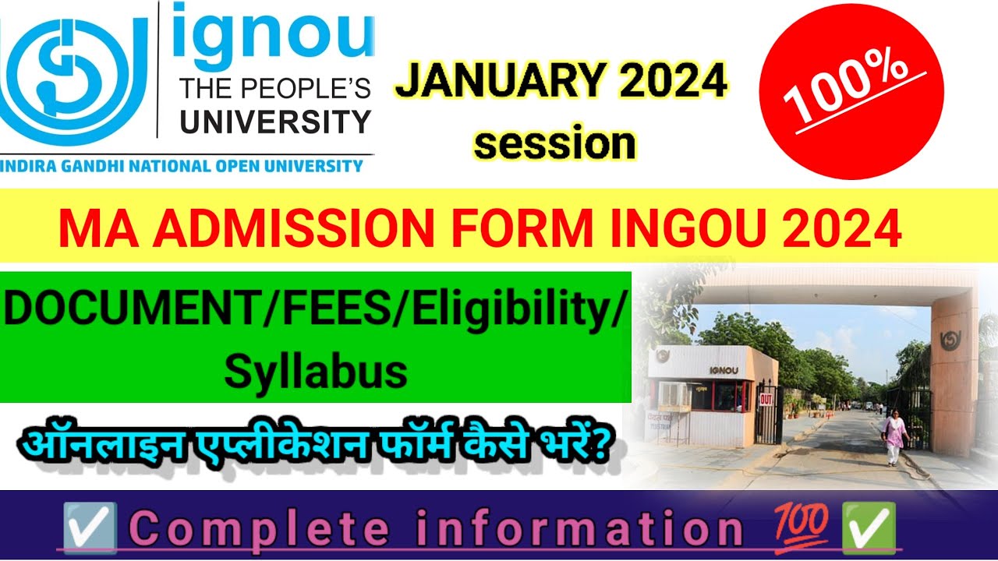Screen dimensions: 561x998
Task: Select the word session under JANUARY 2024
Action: tap(555, 144)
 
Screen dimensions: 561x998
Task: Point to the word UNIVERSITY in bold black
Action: tap(275, 122)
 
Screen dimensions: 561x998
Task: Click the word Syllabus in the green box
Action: tap(316, 372)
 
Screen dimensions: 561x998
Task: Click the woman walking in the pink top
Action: tap(894, 436)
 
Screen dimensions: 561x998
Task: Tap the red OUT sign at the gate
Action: tap(766, 398)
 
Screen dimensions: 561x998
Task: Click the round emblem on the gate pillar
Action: tap(950, 340)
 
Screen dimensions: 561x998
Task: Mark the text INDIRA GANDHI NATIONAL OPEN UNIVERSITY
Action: tap(182, 166)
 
